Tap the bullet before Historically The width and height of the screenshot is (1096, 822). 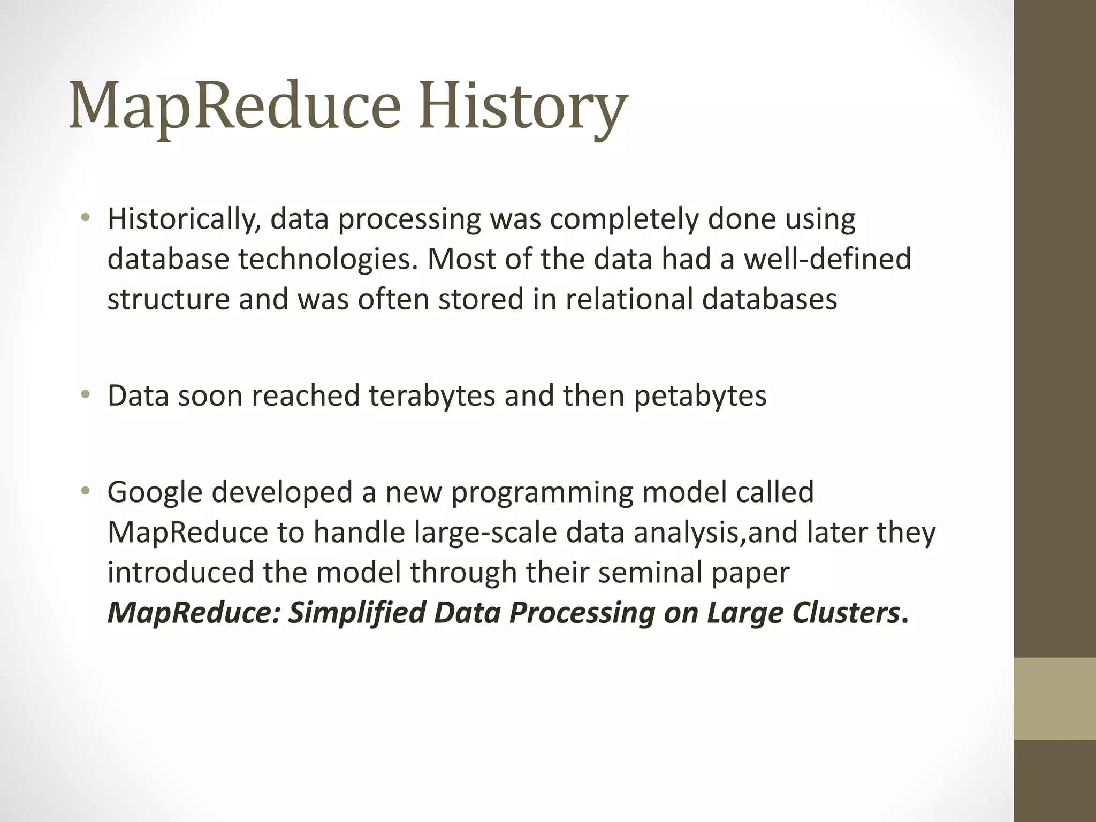pyautogui.click(x=85, y=217)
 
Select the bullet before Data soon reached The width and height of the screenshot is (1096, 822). pyautogui.click(x=85, y=394)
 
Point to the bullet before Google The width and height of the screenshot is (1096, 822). pyautogui.click(x=85, y=491)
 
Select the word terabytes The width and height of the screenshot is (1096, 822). pyautogui.click(x=432, y=396)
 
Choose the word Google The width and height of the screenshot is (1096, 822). pyautogui.click(x=155, y=492)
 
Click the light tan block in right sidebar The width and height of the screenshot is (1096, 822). pyautogui.click(x=1054, y=698)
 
